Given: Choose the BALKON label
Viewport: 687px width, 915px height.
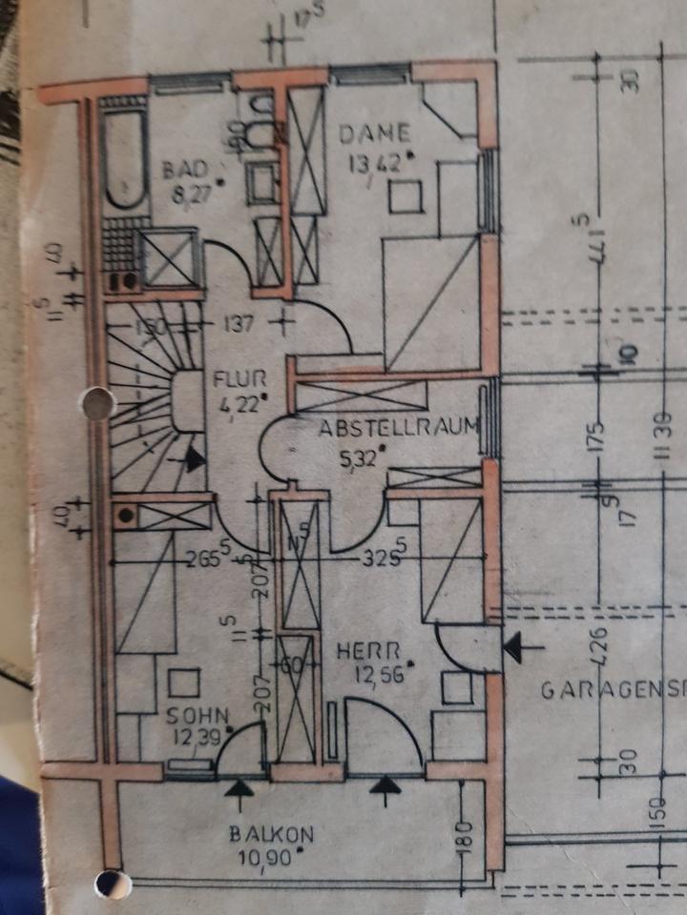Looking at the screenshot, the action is pos(270,835).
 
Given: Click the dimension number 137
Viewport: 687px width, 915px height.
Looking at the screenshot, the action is pos(240,324).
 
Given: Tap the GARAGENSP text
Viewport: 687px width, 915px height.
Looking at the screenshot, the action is pos(612,690).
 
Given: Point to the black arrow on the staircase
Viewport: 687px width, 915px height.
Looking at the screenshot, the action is pos(195,459).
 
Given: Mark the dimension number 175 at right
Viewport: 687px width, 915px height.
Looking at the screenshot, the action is pos(602,437).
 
